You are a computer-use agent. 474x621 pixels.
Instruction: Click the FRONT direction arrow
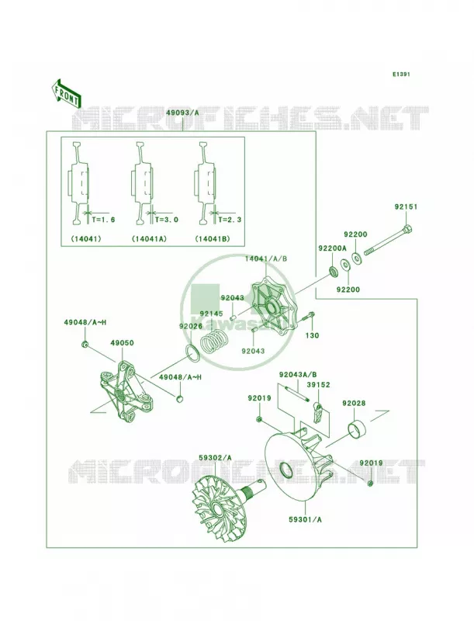(x=66, y=93)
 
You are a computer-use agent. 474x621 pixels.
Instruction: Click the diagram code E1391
(x=401, y=74)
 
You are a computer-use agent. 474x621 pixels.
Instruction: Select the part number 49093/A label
(x=182, y=113)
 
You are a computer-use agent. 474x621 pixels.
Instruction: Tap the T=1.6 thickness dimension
(x=103, y=220)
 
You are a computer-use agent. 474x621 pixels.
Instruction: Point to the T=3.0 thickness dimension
(x=166, y=220)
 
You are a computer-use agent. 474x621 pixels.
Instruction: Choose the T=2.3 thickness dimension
(x=230, y=220)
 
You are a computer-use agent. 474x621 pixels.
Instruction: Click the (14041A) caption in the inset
(x=149, y=239)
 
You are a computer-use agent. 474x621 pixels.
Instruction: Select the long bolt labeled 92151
(x=388, y=240)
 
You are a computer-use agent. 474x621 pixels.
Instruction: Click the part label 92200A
(x=332, y=248)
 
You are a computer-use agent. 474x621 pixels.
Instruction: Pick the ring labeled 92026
(x=193, y=352)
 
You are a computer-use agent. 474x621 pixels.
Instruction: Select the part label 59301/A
(x=305, y=519)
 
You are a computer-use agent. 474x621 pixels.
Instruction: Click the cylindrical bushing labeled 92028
(x=357, y=428)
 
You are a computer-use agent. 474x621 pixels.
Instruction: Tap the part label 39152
(x=319, y=384)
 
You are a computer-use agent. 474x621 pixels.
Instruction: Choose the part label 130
(x=312, y=335)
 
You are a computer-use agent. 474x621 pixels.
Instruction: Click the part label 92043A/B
(x=298, y=374)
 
